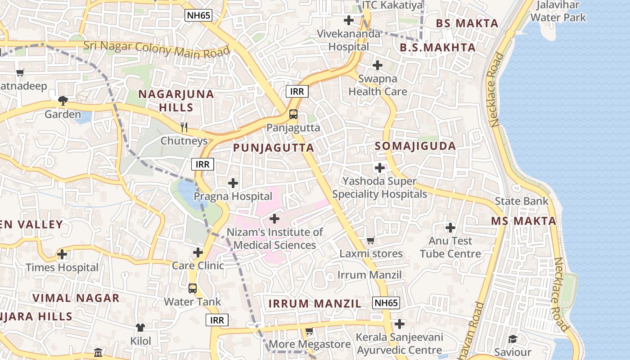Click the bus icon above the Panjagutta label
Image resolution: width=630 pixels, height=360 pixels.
coord(293,114)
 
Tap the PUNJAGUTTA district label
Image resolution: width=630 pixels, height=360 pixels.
coord(273,148)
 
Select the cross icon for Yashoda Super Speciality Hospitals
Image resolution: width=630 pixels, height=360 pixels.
coord(380,168)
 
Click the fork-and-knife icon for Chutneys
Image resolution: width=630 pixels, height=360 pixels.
coord(184,127)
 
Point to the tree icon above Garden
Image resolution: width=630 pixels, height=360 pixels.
coord(63,101)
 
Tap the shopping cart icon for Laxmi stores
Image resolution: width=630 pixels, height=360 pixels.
coord(371,241)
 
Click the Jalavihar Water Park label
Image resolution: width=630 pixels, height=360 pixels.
coord(558,12)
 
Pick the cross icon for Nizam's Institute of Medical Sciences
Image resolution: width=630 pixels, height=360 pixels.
coord(274,219)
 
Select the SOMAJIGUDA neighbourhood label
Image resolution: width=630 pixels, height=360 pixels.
coord(415,146)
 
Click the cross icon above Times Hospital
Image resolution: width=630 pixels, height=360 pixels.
coord(62,255)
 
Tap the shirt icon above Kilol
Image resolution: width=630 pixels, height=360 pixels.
coord(140,328)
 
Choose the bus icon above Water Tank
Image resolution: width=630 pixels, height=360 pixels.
coord(193,288)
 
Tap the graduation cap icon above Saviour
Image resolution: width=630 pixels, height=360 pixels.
coord(513,339)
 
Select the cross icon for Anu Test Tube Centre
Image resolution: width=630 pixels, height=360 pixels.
coord(450,228)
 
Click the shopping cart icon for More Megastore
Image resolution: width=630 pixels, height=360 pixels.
coord(310,332)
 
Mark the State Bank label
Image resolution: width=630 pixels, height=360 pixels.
coord(522,201)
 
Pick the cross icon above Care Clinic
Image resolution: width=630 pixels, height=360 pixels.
coord(198,253)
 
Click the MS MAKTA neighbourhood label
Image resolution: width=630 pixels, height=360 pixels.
coord(523,221)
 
